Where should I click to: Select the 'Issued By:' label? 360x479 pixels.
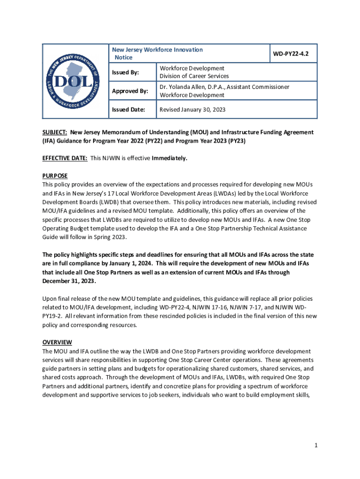pos(125,73)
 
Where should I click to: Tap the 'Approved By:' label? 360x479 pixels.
pos(130,91)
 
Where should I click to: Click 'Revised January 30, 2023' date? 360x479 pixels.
pos(193,110)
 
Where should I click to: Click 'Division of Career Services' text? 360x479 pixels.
pos(194,76)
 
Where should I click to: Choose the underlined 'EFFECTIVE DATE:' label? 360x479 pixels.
pos(65,158)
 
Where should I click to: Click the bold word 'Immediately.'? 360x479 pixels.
pos(169,158)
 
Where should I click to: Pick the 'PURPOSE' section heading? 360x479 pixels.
pos(55,176)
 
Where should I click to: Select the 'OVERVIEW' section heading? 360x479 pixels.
pos(57,342)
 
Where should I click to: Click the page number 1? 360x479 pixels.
pos(316,446)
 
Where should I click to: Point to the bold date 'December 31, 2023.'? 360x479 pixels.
pos(69,281)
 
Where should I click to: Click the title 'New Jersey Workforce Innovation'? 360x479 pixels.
pos(157,50)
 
